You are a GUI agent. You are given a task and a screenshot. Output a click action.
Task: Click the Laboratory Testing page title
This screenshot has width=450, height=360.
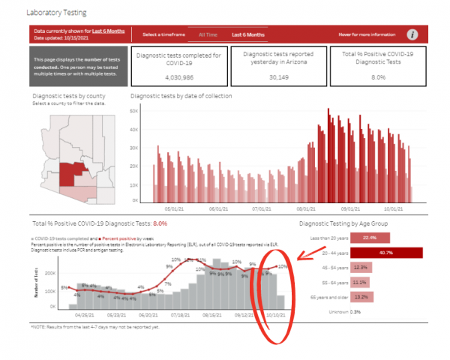56,13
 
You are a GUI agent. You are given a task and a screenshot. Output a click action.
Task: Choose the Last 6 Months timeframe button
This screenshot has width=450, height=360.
247,34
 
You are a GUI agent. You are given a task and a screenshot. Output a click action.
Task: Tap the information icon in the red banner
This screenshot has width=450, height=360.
412,34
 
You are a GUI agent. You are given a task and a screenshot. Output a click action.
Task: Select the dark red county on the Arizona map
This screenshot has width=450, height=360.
68,173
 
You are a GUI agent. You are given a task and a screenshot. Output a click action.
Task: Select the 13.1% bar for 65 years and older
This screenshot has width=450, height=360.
361,296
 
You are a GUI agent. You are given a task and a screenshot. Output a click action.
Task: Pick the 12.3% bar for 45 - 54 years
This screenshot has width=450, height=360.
361,267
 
